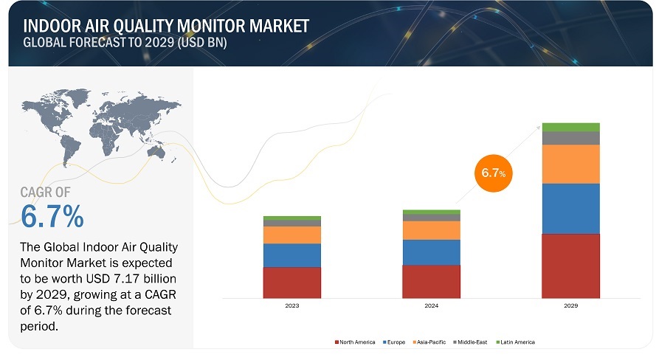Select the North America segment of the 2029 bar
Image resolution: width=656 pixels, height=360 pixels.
(570, 266)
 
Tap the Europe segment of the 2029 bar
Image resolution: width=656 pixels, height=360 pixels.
(570, 208)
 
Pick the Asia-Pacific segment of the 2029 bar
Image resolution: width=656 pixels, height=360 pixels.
(570, 164)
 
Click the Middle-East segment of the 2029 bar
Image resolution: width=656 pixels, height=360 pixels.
(570, 138)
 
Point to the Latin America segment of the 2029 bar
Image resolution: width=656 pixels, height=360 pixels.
(570, 127)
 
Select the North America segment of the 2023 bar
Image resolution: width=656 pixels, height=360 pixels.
(291, 282)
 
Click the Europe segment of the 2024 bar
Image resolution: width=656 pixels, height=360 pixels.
(431, 252)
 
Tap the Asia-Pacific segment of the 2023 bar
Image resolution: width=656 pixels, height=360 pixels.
(291, 235)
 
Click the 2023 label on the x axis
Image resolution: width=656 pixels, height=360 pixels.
(291, 305)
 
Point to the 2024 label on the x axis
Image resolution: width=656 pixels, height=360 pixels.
(431, 305)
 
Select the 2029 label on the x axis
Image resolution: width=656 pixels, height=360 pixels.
(570, 305)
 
